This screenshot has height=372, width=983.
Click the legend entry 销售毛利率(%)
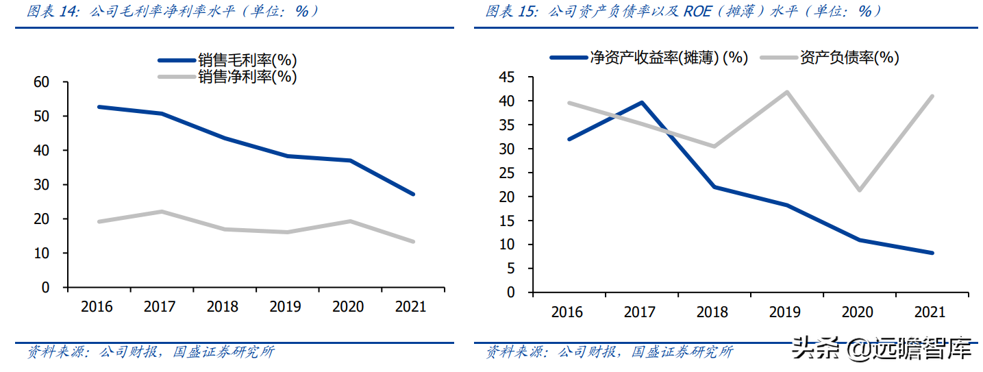tap(247, 60)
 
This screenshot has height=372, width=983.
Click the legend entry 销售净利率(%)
tap(247, 76)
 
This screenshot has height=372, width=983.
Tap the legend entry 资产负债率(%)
tap(849, 58)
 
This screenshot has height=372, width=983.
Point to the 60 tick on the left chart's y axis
tap(41, 82)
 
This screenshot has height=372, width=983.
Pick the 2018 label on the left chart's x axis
tap(222, 306)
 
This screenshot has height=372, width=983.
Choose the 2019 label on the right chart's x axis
tap(785, 312)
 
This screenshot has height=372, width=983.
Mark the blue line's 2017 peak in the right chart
tap(641, 102)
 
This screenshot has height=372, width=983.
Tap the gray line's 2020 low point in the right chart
tap(859, 190)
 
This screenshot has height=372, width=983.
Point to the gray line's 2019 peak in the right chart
tap(786, 92)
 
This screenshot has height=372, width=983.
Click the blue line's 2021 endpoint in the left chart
tap(413, 194)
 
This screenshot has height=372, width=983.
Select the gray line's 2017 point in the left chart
tap(161, 211)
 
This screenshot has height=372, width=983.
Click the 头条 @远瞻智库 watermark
tap(882, 349)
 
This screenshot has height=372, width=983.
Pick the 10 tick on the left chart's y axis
tap(41, 253)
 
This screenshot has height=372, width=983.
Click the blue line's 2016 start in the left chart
tap(99, 107)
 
